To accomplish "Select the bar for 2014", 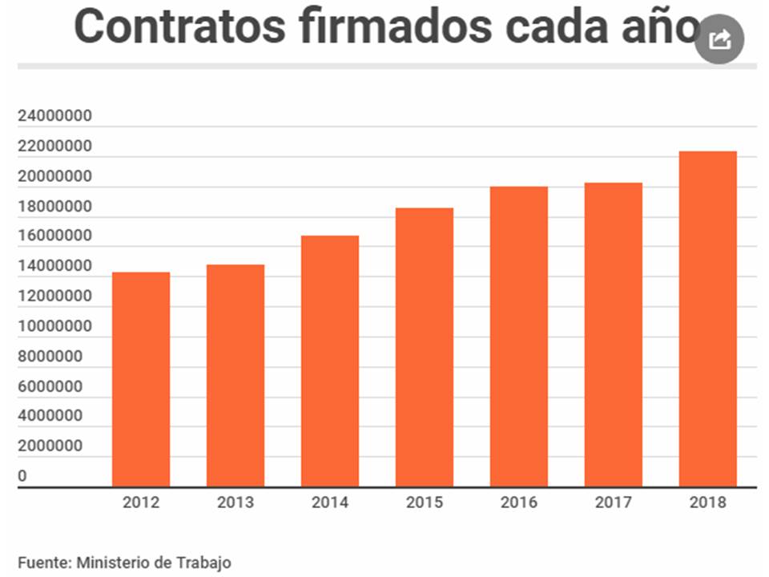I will pyautogui.click(x=330, y=361).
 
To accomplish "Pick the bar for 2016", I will pyautogui.click(x=519, y=336).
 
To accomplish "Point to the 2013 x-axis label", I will pyautogui.click(x=236, y=503).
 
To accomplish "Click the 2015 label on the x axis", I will pyautogui.click(x=425, y=503).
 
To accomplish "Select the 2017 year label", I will pyautogui.click(x=614, y=503).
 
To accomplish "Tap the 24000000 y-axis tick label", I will pyautogui.click(x=54, y=117).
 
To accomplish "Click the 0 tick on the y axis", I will pyautogui.click(x=22, y=476).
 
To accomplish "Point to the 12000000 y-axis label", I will pyautogui.click(x=54, y=297).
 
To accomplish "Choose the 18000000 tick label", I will pyautogui.click(x=54, y=207).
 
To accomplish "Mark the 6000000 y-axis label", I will pyautogui.click(x=50, y=386).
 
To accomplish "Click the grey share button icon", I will pyautogui.click(x=719, y=39).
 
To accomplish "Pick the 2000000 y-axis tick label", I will pyautogui.click(x=50, y=446).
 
